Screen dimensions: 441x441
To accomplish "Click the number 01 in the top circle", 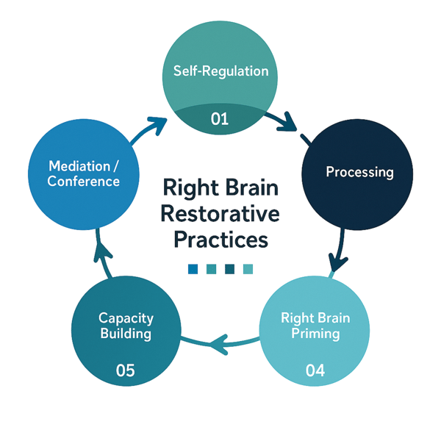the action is (x=220, y=118).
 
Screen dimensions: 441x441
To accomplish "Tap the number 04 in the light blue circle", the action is (x=315, y=370).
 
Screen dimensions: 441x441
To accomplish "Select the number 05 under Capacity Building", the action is (x=126, y=370).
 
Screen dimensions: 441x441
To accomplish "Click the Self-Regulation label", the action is (x=220, y=71).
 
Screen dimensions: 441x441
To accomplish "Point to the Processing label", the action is (x=359, y=172).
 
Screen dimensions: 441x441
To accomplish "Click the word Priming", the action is (x=315, y=334).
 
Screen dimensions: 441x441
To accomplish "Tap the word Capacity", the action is (x=126, y=319).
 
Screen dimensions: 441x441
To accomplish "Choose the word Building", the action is (x=126, y=334).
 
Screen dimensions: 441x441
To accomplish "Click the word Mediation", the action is (x=79, y=166).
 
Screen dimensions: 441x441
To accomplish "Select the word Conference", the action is (x=84, y=182).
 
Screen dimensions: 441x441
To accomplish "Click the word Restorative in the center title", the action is (x=220, y=214).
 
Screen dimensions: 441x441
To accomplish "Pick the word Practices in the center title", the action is (x=220, y=240).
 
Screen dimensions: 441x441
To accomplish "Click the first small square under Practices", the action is (x=193, y=269).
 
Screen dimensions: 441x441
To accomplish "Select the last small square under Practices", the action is (x=248, y=269).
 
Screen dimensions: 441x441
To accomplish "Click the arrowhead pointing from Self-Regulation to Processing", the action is (x=288, y=123).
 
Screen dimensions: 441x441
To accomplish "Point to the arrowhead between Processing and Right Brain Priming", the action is (x=337, y=262).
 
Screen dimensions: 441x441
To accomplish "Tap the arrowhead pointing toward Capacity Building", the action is (x=220, y=344).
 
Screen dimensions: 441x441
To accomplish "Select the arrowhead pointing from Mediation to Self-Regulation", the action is (x=158, y=125).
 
